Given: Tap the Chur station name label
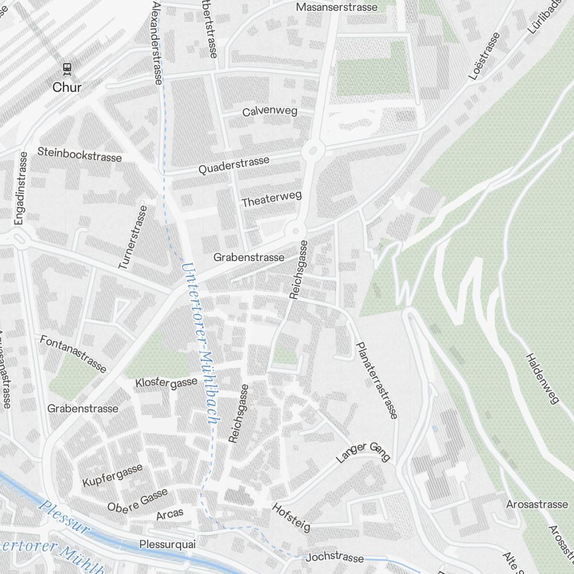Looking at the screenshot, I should (x=67, y=88).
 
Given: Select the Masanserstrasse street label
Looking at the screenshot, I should (x=337, y=7).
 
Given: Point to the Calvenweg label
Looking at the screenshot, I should (x=270, y=111).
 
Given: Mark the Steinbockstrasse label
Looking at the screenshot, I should (x=80, y=154).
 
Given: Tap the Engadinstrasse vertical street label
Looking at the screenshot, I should (x=22, y=187).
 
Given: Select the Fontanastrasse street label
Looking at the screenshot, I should (x=73, y=354).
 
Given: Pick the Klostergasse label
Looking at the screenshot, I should (x=166, y=382).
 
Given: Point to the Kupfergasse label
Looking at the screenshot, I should (x=113, y=476).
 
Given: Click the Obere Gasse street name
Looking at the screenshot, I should (x=138, y=499).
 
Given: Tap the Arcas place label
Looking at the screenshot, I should (x=170, y=514).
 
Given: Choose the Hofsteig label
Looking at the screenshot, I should (x=291, y=517).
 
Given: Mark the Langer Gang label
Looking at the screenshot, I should (x=363, y=452).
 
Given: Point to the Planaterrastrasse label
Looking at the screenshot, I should (x=377, y=381).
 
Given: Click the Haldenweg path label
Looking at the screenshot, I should (x=542, y=378).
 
